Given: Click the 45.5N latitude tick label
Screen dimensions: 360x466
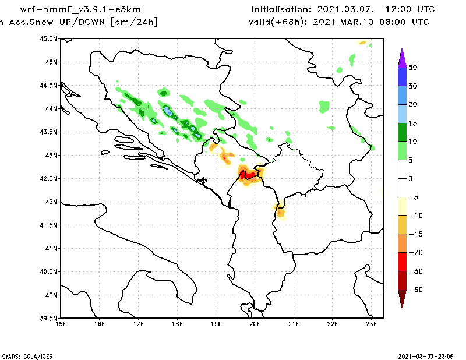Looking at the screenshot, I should pos(48,38).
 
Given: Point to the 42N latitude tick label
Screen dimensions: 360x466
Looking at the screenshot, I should pos(51,202).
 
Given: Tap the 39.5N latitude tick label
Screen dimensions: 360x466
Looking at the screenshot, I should pos(48,318).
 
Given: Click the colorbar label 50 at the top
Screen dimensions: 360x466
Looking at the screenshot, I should pos(412,67).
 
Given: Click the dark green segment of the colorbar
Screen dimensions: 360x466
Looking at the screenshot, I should pos(401,132).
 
